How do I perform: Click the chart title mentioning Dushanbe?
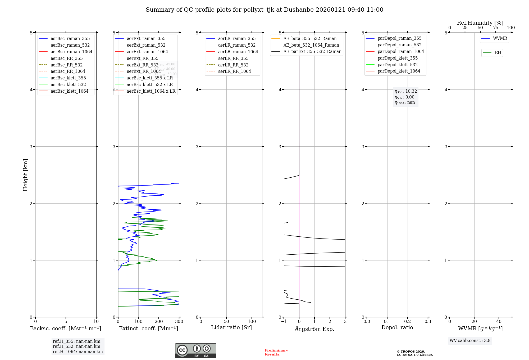(264, 10)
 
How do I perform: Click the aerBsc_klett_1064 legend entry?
(70, 91)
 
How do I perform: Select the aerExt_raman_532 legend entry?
(146, 45)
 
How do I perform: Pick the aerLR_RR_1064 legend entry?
(234, 71)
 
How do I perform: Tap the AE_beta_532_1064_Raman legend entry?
(311, 45)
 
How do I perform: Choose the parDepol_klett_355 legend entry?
(398, 58)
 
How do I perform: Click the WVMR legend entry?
(500, 38)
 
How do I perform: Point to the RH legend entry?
(498, 53)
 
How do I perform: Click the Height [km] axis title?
(25, 175)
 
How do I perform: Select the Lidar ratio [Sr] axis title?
(231, 327)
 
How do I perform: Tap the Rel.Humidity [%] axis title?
(480, 23)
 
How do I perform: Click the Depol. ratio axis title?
(397, 327)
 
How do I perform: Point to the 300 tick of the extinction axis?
(179, 321)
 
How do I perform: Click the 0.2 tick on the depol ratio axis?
(408, 321)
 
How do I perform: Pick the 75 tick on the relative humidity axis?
(496, 28)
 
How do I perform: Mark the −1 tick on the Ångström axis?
(284, 321)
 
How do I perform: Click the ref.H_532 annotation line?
(76, 346)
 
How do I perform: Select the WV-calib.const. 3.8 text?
(470, 341)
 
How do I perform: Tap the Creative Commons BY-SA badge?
(195, 351)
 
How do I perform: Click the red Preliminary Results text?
(276, 352)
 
